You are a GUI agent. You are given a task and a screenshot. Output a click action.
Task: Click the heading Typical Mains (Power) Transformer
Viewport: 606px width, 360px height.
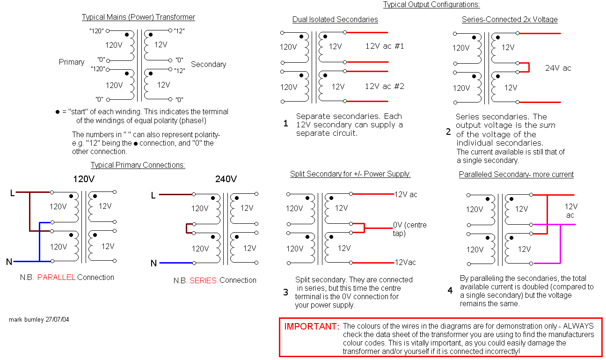click(x=138, y=17)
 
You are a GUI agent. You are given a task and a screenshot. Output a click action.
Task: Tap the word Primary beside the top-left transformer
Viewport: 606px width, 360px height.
click(x=72, y=62)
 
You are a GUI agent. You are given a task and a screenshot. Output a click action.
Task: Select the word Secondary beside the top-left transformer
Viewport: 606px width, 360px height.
click(x=208, y=64)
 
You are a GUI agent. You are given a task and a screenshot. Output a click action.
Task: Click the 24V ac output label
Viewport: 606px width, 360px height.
click(x=558, y=68)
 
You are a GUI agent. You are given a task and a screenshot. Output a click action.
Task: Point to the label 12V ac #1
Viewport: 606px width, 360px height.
click(x=384, y=46)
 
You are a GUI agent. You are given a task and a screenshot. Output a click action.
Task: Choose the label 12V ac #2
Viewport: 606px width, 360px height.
click(x=384, y=86)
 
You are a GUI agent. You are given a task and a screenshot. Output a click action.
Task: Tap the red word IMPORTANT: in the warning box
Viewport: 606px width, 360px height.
click(x=312, y=326)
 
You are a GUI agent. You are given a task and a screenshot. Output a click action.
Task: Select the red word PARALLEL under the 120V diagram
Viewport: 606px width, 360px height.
click(x=56, y=277)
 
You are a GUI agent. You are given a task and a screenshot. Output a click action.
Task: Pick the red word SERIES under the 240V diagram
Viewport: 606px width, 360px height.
click(x=203, y=280)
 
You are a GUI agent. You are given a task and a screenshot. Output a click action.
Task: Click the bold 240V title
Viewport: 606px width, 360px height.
click(x=226, y=179)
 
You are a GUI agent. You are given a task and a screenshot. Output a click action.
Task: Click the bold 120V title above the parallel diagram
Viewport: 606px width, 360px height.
click(x=84, y=179)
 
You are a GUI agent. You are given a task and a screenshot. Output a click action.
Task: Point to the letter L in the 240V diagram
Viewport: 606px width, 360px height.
click(x=153, y=195)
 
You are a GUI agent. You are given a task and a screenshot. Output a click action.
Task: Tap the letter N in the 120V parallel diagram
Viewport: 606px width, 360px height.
click(x=9, y=262)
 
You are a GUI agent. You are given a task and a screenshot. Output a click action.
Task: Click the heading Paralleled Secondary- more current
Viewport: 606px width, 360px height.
click(x=516, y=175)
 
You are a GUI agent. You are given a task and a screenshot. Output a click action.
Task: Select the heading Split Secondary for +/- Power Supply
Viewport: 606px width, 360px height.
click(x=350, y=174)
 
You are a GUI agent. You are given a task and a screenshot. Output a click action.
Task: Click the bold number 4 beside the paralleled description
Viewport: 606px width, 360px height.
click(x=450, y=291)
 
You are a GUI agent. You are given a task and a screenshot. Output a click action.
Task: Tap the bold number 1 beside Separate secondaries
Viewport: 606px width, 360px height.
click(x=285, y=124)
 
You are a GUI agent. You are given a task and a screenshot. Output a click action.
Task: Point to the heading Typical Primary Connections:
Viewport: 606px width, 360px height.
click(x=138, y=165)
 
